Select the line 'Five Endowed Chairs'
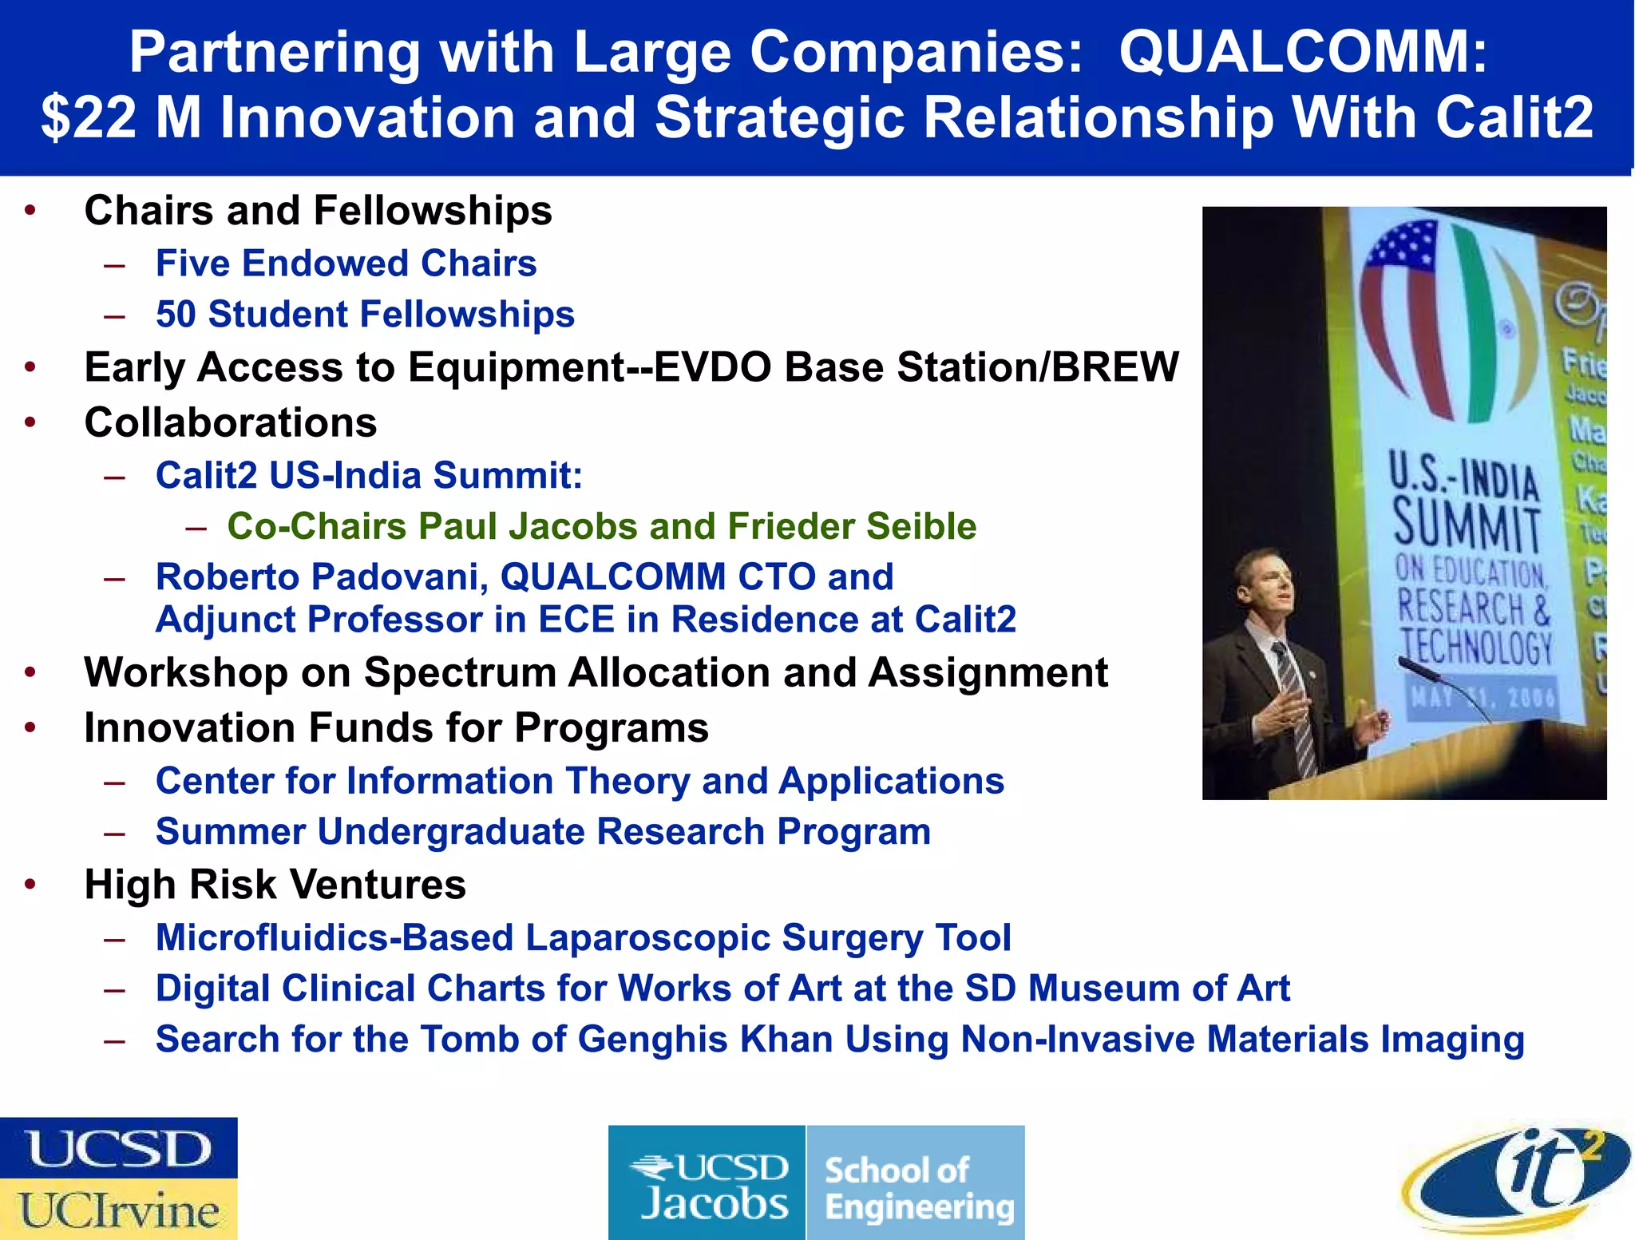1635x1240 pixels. tap(346, 263)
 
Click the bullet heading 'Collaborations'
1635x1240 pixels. tap(231, 422)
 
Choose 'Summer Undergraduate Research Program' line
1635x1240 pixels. tap(543, 832)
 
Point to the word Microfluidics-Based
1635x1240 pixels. tap(334, 938)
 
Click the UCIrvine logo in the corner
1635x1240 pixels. tap(118, 1210)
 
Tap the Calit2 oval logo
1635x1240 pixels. tap(1517, 1178)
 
